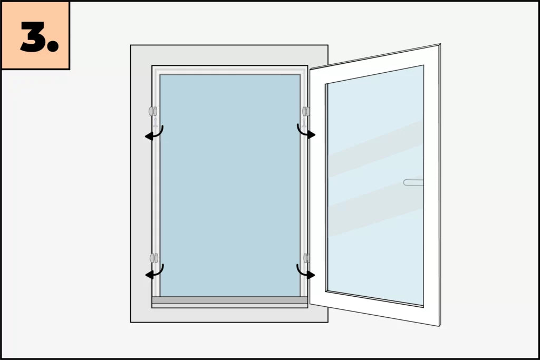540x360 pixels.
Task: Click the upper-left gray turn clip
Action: coord(153,111)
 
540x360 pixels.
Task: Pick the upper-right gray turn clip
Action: coord(306,111)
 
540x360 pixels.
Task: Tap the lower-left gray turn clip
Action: coord(153,258)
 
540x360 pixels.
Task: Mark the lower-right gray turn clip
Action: coord(306,258)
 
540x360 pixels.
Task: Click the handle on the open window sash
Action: coord(413,182)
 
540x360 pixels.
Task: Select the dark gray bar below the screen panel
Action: coord(230,300)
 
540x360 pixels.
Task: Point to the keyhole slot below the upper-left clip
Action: coord(156,122)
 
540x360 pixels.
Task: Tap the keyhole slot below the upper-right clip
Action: coord(304,122)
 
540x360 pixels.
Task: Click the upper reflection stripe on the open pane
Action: coord(375,149)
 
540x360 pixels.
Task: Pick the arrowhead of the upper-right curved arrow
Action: coord(311,134)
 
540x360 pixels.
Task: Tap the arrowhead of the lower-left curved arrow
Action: coord(149,275)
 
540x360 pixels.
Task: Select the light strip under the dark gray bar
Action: coord(230,306)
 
